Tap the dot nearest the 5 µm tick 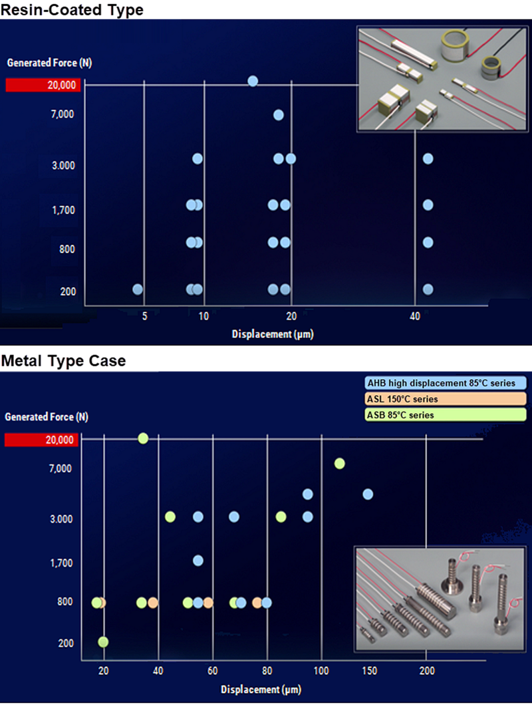(138, 289)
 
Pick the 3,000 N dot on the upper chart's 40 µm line (428, 158)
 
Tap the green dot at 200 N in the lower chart (103, 642)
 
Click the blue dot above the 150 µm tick (367, 494)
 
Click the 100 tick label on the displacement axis (321, 671)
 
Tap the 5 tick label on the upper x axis (144, 317)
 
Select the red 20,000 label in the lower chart (41, 440)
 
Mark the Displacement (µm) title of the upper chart (272, 335)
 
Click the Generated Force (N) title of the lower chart (47, 417)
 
